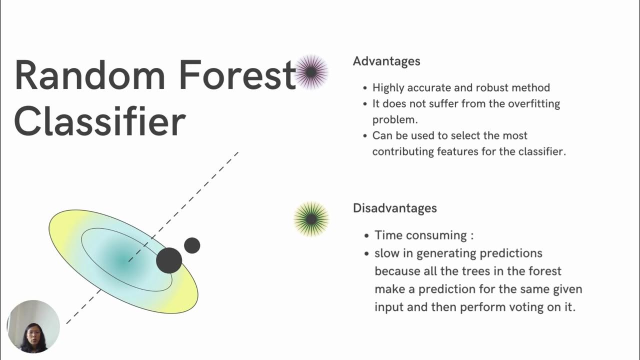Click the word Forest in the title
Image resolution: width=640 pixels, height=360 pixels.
238,75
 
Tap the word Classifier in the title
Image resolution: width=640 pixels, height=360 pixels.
100,122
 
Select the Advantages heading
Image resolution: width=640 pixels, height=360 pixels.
386,61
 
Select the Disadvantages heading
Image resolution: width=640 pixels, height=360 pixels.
395,208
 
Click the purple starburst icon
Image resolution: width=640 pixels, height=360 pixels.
311,72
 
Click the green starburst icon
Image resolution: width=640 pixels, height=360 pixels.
311,219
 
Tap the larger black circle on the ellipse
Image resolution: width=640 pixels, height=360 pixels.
169,260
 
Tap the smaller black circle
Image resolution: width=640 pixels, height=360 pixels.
192,245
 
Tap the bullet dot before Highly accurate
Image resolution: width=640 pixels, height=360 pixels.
365,88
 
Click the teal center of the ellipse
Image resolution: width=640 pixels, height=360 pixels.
123,259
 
